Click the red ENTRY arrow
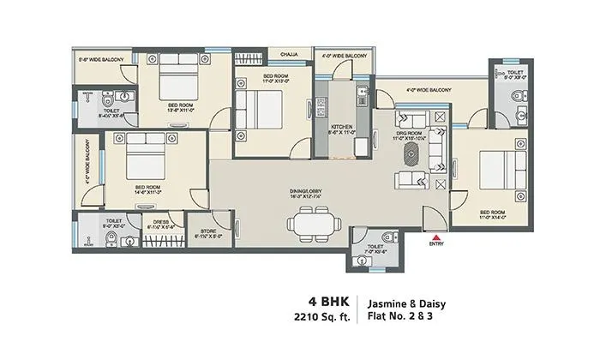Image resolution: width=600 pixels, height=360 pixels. [437, 237]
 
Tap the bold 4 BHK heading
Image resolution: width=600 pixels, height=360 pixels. [330, 301]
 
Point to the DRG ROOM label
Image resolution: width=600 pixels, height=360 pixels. [407, 132]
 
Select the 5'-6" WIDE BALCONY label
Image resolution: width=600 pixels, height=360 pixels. [101, 59]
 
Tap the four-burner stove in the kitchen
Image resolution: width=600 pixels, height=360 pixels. [322, 108]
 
